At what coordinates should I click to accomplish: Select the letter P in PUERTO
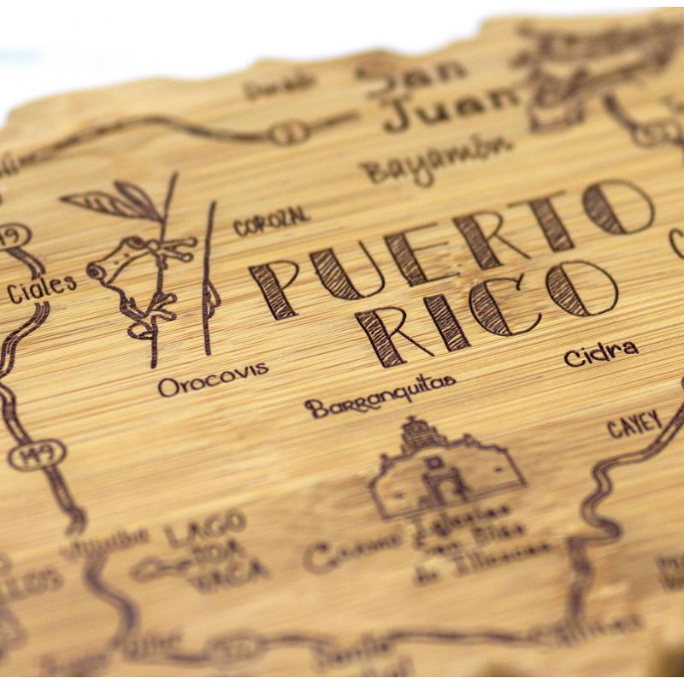[274, 287]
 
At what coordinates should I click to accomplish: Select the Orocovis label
[213, 380]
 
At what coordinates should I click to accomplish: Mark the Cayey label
[634, 424]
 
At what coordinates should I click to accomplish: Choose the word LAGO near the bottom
[205, 530]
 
